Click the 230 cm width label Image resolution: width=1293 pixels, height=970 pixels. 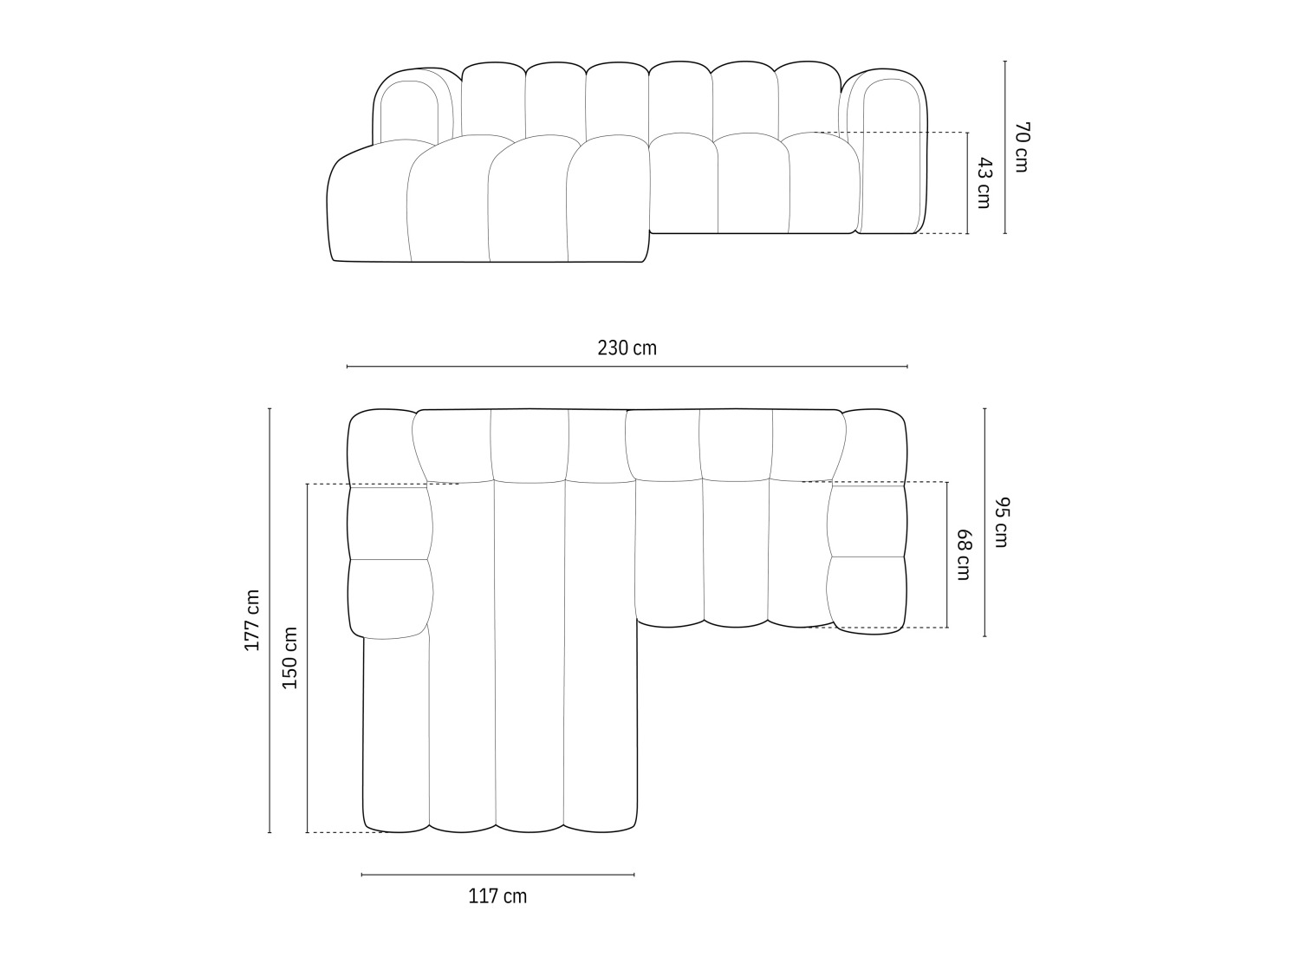click(x=627, y=348)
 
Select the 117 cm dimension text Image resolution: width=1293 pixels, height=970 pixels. click(x=497, y=896)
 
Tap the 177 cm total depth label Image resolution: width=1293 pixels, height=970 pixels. click(x=251, y=621)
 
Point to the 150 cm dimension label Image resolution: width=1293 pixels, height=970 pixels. click(x=290, y=658)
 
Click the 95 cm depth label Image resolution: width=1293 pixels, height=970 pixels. click(x=1000, y=522)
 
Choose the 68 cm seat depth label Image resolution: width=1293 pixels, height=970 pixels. click(x=963, y=555)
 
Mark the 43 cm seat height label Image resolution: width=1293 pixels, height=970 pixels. click(x=983, y=183)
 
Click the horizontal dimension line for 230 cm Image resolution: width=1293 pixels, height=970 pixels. click(x=627, y=367)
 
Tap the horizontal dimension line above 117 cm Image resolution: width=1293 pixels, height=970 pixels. click(x=497, y=875)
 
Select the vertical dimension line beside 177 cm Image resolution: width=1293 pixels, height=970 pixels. click(x=270, y=621)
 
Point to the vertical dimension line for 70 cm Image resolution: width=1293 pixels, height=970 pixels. click(x=1005, y=146)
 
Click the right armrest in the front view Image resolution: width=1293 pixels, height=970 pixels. click(x=893, y=152)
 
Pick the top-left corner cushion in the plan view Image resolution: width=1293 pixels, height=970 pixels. click(x=380, y=446)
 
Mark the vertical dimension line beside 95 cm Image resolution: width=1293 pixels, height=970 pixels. click(x=984, y=522)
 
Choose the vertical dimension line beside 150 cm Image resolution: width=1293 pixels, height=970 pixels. click(x=307, y=658)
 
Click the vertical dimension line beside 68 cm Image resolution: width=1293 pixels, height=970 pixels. click(x=947, y=555)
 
